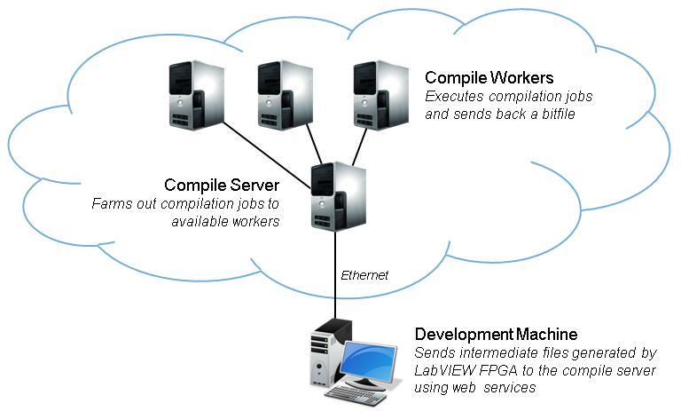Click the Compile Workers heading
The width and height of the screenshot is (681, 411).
coord(489,77)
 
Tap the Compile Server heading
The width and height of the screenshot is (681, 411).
coord(222,185)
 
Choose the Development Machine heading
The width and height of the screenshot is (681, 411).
coord(496,335)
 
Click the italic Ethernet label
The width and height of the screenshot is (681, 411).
coord(364,275)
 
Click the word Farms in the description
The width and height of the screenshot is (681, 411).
coord(110,203)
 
